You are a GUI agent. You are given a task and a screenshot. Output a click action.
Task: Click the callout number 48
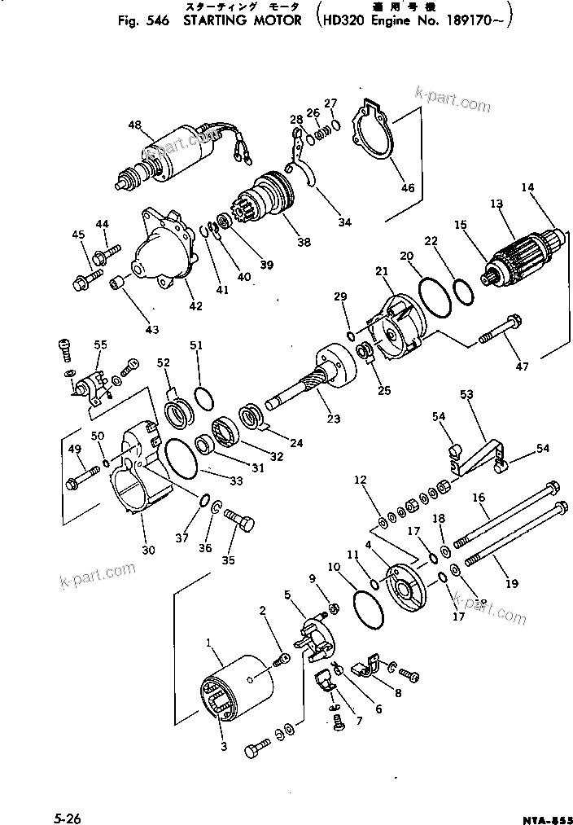pyautogui.click(x=134, y=125)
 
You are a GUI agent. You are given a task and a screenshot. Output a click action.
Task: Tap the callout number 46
pyautogui.click(x=408, y=188)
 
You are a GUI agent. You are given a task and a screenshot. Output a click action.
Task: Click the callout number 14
pyautogui.click(x=527, y=187)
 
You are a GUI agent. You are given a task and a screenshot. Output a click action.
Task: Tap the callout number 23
pyautogui.click(x=333, y=419)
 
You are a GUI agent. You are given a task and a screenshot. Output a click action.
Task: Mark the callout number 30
pyautogui.click(x=148, y=550)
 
